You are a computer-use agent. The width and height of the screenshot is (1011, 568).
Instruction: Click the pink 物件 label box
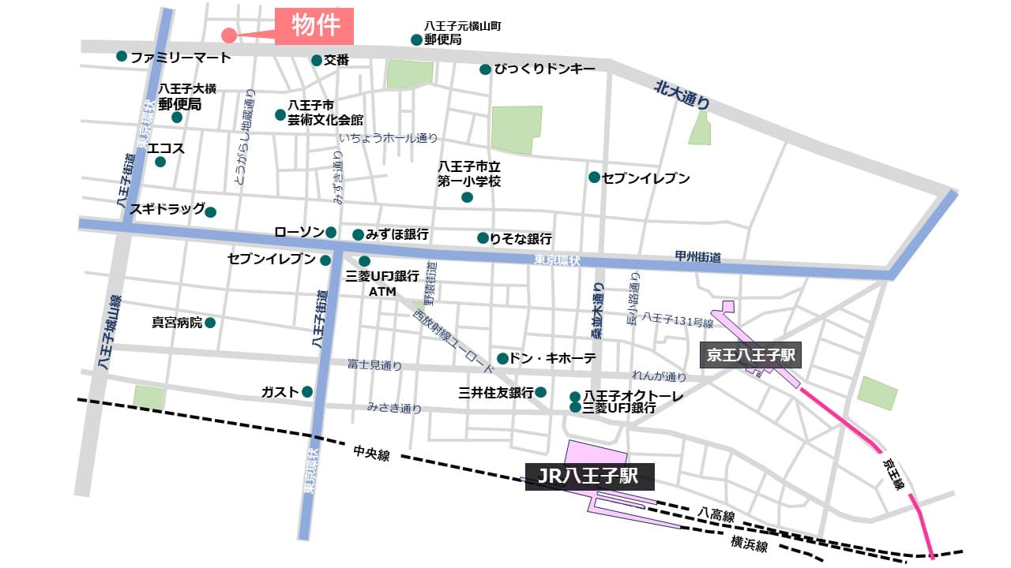click(x=314, y=26)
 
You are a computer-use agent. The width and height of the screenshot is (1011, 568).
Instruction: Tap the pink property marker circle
click(x=228, y=35)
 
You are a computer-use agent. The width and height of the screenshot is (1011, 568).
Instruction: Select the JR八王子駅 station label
click(x=589, y=476)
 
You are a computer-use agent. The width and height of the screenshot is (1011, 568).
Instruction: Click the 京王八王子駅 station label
click(x=751, y=355)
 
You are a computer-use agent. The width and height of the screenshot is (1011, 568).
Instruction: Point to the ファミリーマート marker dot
click(x=122, y=56)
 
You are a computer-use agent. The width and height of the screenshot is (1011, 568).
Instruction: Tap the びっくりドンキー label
click(x=544, y=69)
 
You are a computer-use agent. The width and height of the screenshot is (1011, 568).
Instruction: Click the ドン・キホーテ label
click(x=552, y=358)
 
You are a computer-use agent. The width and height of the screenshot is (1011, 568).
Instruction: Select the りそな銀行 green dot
click(x=483, y=237)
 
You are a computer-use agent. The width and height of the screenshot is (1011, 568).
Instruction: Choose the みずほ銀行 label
click(x=400, y=234)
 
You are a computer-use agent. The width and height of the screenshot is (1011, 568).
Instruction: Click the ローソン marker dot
click(x=331, y=232)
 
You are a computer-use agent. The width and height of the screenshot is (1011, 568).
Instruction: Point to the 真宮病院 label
click(x=177, y=323)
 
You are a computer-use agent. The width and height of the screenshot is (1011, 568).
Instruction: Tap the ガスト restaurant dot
click(x=307, y=391)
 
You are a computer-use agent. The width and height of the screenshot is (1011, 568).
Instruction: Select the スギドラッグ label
click(x=167, y=209)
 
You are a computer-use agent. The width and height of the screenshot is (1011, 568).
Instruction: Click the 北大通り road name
click(x=682, y=95)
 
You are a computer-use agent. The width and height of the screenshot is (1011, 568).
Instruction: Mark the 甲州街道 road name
click(x=698, y=257)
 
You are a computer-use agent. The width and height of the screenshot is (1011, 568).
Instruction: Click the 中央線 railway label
click(x=371, y=454)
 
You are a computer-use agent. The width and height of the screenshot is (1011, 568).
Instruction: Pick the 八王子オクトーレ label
click(x=633, y=395)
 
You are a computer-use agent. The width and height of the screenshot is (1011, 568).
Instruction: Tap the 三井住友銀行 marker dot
click(x=541, y=392)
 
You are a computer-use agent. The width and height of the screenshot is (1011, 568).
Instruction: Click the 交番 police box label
click(x=336, y=60)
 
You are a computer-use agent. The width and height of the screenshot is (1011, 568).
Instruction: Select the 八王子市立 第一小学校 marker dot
click(x=467, y=197)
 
